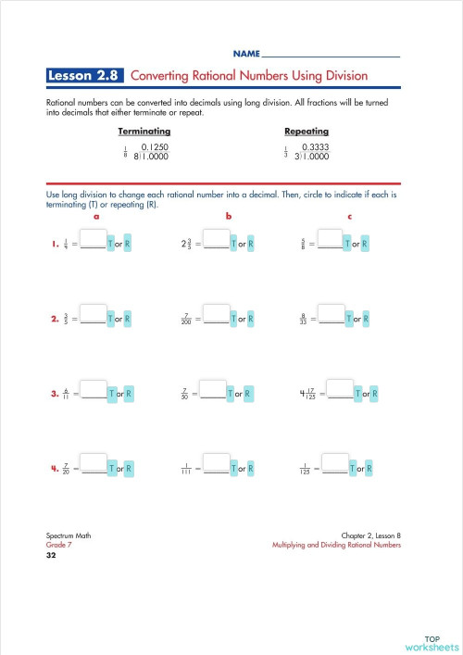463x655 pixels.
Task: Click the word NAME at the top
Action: [246, 55]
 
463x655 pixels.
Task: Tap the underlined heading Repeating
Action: [305, 132]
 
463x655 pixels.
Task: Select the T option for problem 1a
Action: [111, 245]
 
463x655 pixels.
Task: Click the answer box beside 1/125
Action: [334, 463]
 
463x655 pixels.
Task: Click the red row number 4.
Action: [55, 469]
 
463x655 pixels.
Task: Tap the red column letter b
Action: [228, 216]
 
